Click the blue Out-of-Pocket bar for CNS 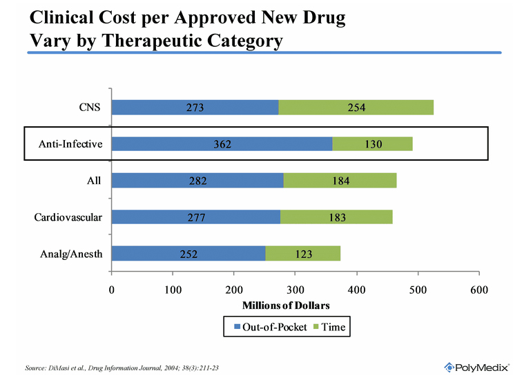coord(195,107)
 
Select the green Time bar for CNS coord(356,107)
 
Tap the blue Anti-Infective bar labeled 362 coord(222,143)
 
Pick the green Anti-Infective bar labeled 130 coord(372,143)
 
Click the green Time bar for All coord(340,181)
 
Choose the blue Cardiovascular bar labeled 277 coord(196,217)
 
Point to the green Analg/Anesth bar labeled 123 coord(302,254)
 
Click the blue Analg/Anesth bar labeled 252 coord(188,254)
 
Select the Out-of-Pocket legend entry coord(270,328)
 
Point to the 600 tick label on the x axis coord(478,290)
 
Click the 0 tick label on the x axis coord(111,290)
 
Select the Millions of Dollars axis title coord(286,305)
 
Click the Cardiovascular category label coord(68,217)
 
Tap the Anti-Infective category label coord(70,143)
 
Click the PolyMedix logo coord(476,367)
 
